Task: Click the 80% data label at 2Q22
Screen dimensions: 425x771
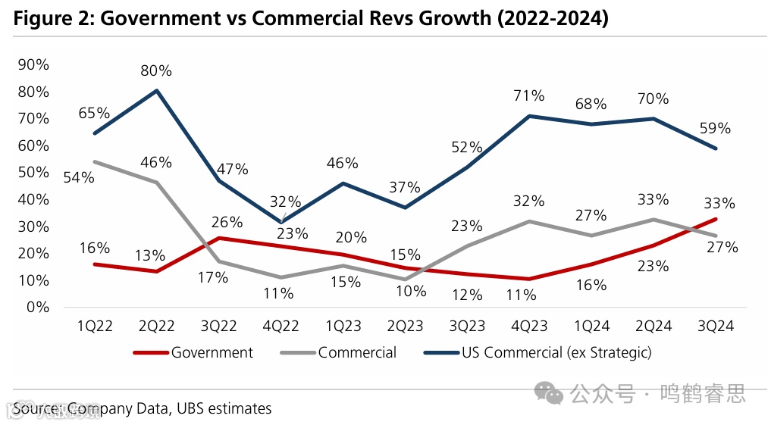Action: coord(156,70)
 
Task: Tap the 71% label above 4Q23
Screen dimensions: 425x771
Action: coord(528,95)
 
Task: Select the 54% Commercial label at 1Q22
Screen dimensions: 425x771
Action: coord(79,177)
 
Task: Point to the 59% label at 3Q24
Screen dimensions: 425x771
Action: coord(715,128)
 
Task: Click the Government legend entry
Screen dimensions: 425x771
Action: coord(212,352)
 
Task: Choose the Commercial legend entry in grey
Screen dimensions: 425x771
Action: coord(357,352)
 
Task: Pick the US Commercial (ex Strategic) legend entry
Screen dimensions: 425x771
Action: coord(556,352)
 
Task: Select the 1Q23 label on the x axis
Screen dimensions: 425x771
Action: coord(343,326)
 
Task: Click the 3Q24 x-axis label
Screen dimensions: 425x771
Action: coord(715,326)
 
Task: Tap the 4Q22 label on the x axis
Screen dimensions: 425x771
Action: coord(281,326)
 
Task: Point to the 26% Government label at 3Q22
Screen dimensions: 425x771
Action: coord(227,222)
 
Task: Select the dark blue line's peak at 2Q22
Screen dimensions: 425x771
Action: coord(157,91)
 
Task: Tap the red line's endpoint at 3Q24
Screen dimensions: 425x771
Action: coord(715,219)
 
